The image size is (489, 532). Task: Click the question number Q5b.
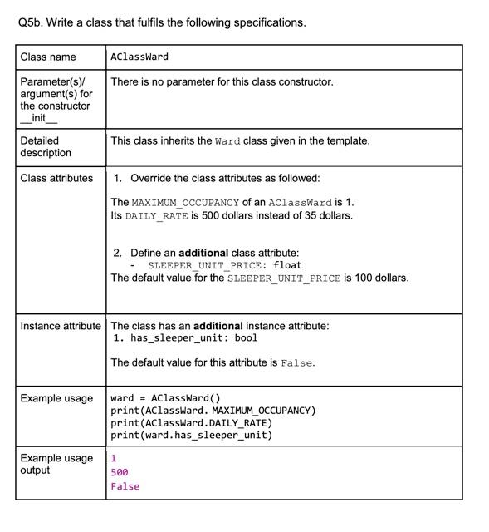point(29,22)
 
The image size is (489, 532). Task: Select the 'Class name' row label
point(47,57)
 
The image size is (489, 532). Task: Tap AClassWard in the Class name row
point(139,57)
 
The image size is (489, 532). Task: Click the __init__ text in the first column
point(40,118)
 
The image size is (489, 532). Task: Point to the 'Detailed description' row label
point(46,147)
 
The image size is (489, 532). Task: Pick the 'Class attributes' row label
point(56,179)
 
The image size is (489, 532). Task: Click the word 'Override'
point(154,179)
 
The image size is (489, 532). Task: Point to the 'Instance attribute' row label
point(61,326)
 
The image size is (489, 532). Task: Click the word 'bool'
point(246,338)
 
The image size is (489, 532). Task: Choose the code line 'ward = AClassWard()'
point(165,398)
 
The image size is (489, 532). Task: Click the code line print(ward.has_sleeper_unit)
point(191,435)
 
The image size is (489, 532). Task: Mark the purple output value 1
point(114,459)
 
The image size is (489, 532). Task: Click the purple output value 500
point(120,472)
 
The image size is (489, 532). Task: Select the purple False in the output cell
point(125,486)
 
